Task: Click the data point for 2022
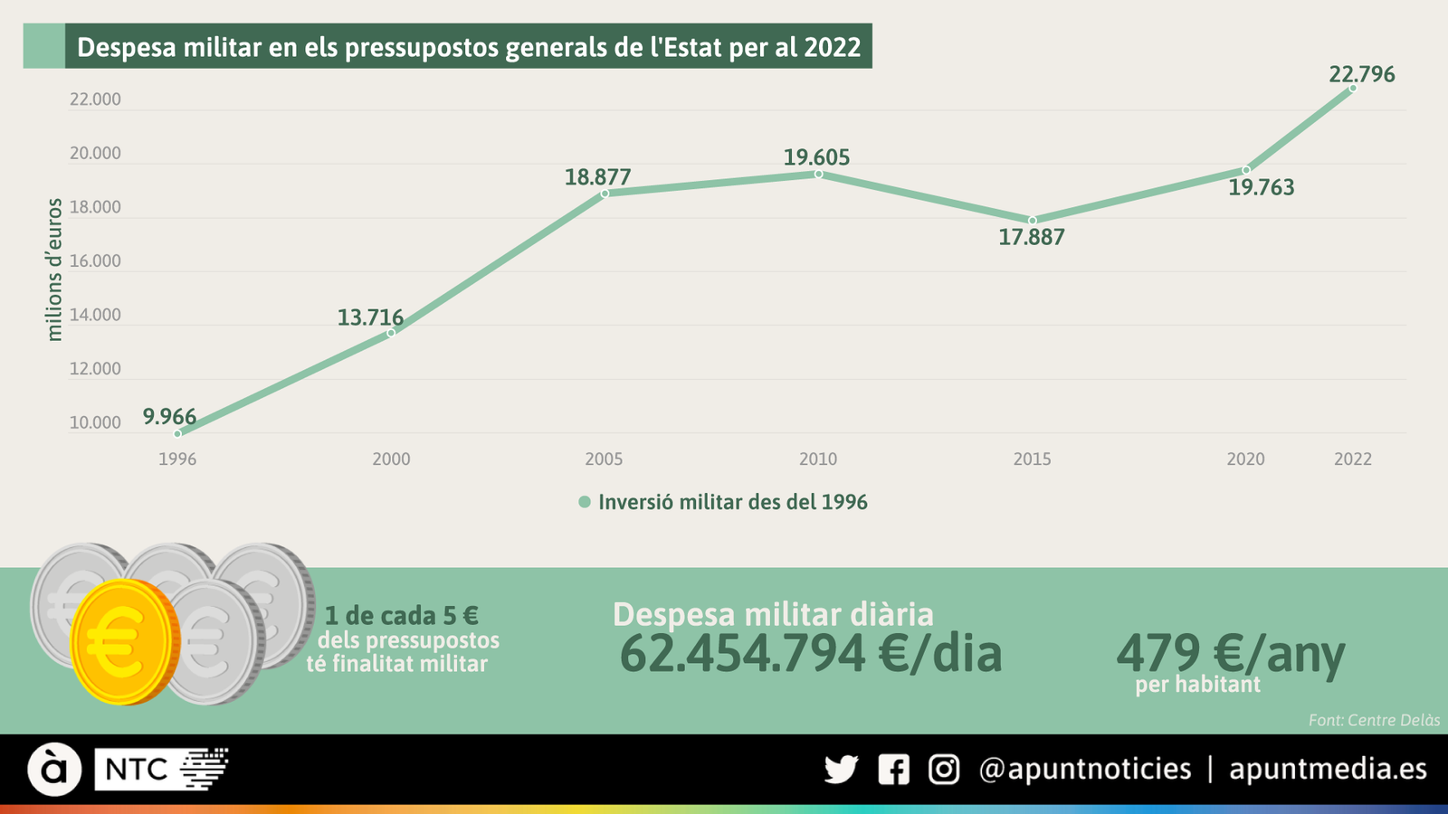[1353, 89]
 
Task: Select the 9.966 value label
[169, 417]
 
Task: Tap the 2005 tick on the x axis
[604, 459]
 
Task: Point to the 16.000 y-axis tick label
[95, 261]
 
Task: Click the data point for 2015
[1032, 221]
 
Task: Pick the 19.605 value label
[816, 157]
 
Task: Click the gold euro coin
[121, 642]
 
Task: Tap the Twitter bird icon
[841, 770]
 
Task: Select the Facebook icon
[893, 770]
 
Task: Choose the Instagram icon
[944, 770]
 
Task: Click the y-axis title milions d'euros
[55, 270]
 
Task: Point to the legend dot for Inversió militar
[585, 502]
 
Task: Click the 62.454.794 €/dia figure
[810, 654]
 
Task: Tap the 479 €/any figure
[1230, 654]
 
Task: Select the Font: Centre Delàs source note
[1374, 721]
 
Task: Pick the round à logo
[54, 770]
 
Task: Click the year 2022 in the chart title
[832, 47]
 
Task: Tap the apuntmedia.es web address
[1328, 769]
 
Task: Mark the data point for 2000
[391, 333]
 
